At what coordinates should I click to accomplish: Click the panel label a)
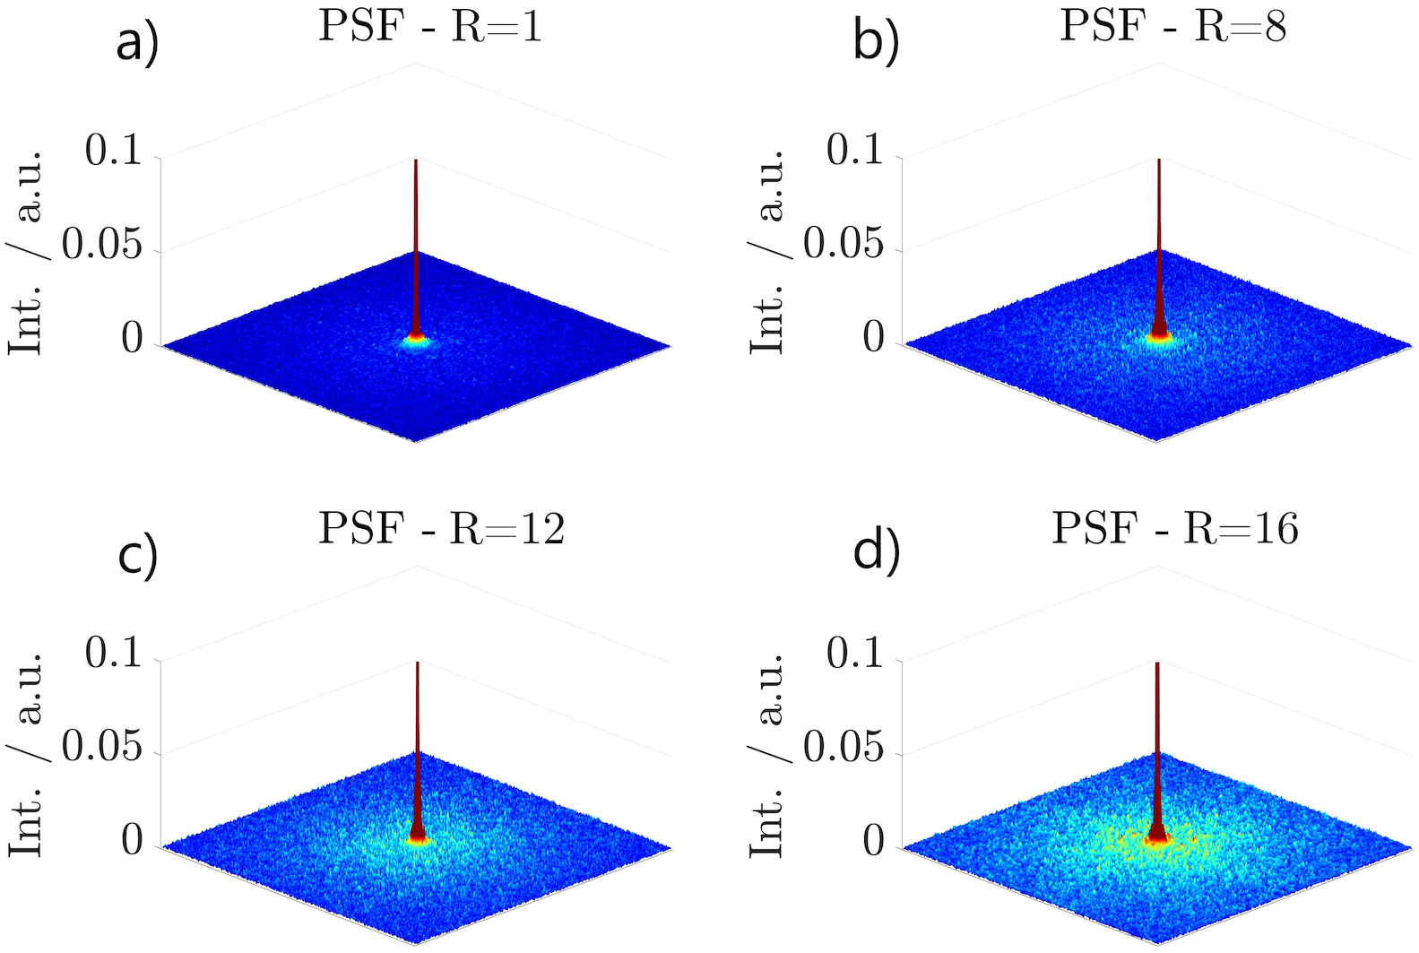137,44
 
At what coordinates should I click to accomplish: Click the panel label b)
875,44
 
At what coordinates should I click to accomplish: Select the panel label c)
137,554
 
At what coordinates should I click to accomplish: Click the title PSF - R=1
430,27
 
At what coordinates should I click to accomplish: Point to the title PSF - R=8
1172,27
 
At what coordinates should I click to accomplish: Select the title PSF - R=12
442,529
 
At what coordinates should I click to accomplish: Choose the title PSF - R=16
1175,529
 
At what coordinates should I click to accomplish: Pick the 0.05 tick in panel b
844,245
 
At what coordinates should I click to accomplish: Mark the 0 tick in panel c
132,842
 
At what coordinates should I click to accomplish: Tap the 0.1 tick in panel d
855,655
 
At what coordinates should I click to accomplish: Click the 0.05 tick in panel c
102,748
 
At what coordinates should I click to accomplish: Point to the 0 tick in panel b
873,339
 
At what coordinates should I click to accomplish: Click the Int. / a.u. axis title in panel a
27,251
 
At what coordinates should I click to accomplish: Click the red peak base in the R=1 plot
415,338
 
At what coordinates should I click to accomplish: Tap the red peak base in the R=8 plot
1159,336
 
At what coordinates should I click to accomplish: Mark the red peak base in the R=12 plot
417,836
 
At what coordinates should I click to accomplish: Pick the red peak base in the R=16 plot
1156,836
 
